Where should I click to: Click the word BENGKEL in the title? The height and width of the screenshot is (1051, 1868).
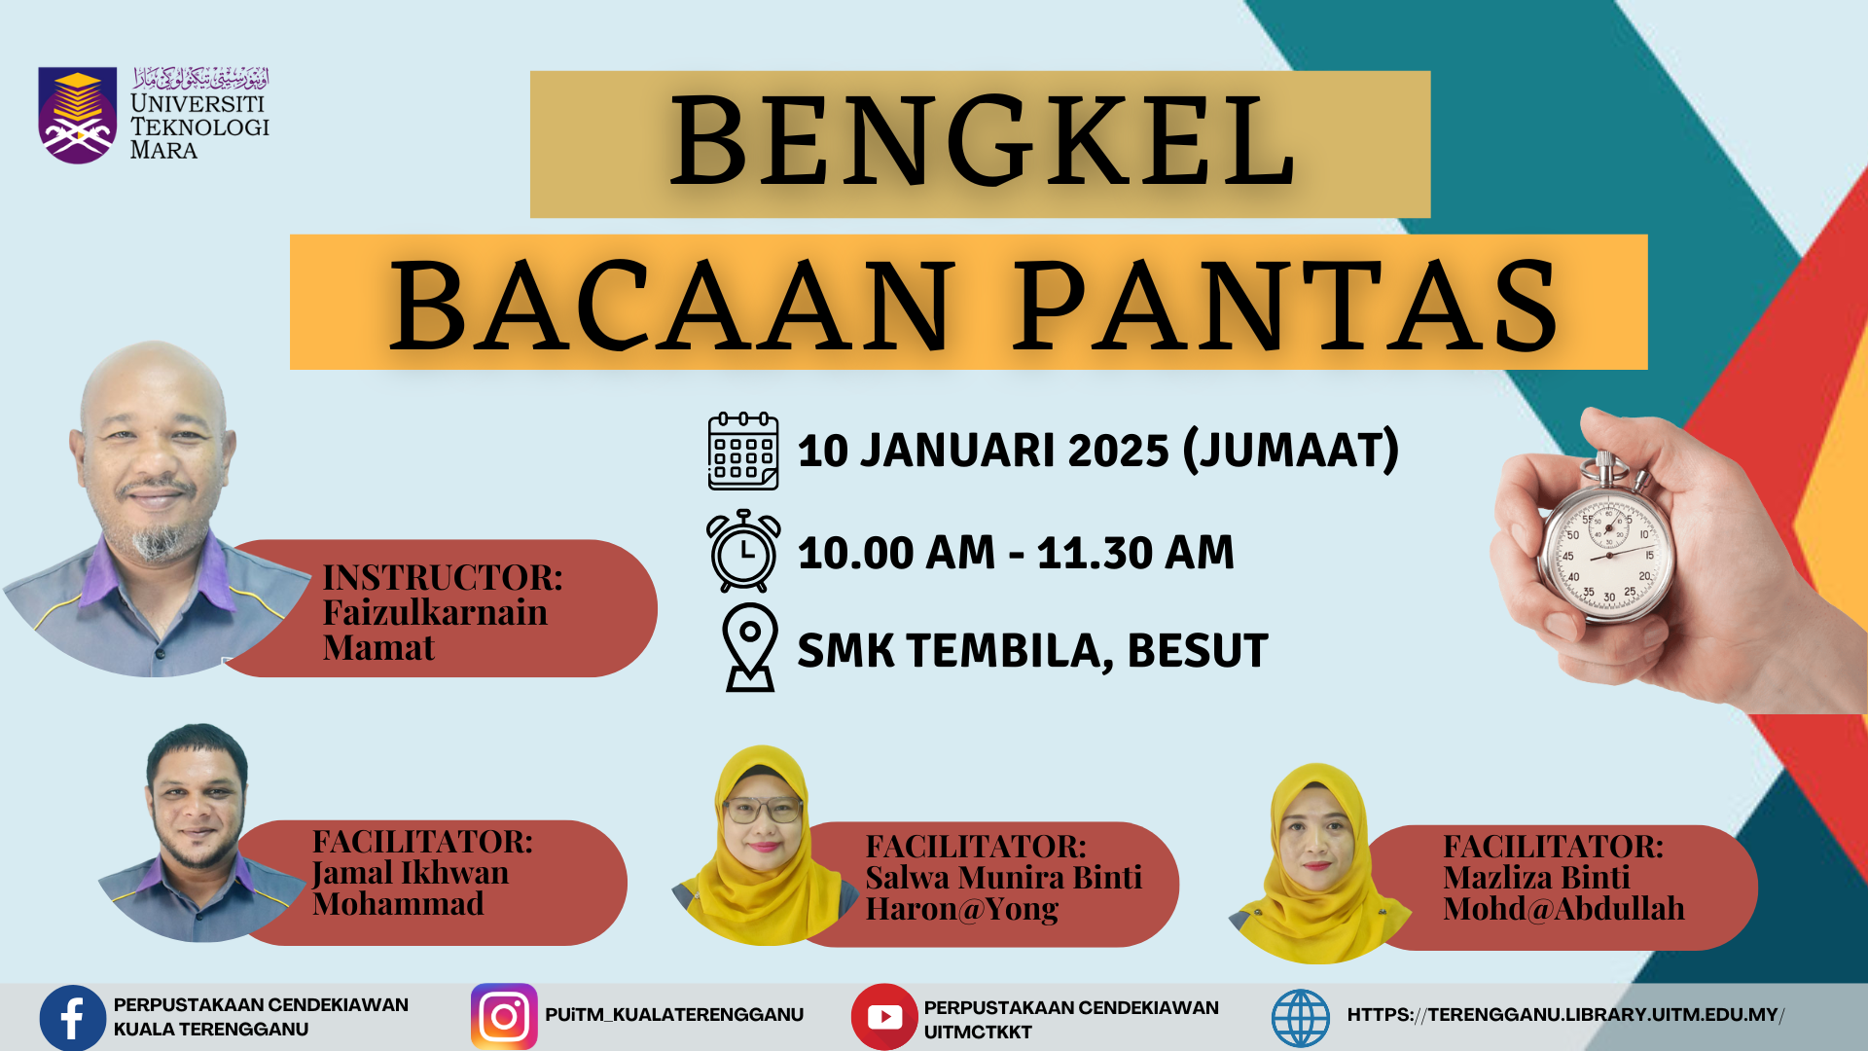(982, 142)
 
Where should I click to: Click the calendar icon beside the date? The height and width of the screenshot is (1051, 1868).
(743, 451)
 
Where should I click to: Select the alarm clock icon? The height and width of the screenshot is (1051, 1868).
(743, 551)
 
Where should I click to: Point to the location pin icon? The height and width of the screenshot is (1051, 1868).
(750, 647)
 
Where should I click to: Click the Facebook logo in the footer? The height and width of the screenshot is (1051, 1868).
(73, 1017)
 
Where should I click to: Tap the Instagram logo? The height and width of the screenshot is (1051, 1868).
(504, 1016)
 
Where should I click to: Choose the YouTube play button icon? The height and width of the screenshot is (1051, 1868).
(884, 1017)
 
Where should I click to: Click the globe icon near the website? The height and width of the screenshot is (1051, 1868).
(1301, 1018)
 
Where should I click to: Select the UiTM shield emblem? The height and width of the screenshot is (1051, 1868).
(78, 115)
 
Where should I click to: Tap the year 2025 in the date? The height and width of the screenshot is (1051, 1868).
(1118, 451)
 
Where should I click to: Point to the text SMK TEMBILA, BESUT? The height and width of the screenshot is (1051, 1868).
(1032, 650)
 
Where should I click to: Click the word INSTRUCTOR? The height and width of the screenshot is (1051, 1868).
(443, 577)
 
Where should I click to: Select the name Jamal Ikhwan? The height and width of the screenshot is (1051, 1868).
(410, 873)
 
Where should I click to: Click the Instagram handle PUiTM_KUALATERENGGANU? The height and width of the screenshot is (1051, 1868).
(674, 1015)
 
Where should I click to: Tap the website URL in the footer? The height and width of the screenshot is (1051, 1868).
(1565, 1015)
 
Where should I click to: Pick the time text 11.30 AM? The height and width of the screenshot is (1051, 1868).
(1135, 553)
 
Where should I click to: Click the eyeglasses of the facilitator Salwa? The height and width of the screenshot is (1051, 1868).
(763, 809)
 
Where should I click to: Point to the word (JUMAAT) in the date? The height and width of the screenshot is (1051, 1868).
(1291, 451)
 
